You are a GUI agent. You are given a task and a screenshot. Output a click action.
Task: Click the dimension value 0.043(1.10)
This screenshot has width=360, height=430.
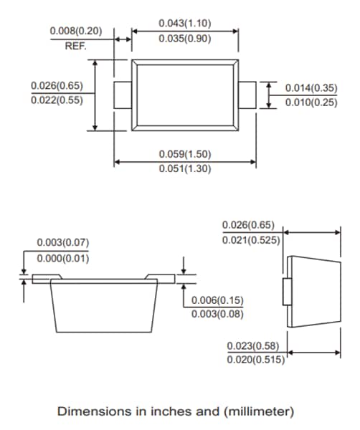click(x=185, y=24)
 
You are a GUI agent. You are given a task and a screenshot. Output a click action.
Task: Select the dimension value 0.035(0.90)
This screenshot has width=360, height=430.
click(x=185, y=39)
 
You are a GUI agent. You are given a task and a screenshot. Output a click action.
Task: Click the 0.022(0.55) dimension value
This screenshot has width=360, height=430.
click(x=57, y=100)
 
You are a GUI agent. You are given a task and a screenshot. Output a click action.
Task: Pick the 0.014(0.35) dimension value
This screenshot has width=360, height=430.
click(x=311, y=88)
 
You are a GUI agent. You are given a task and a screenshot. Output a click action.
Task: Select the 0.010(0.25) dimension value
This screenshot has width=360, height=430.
click(x=311, y=102)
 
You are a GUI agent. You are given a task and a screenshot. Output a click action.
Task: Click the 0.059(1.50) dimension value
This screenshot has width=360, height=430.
click(x=185, y=154)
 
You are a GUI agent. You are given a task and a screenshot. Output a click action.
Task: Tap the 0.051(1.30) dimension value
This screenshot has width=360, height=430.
click(x=185, y=168)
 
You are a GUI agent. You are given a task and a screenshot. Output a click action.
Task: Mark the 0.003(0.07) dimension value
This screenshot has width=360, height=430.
click(x=63, y=243)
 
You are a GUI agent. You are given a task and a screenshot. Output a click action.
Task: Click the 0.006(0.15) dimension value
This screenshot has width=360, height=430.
click(x=217, y=299)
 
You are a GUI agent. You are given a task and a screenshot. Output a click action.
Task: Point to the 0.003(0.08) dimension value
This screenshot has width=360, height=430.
click(x=217, y=313)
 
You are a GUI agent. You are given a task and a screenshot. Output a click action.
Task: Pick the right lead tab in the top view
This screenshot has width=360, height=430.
click(x=247, y=95)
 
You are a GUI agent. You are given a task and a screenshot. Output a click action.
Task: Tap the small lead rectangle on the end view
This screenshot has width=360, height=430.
click(x=287, y=292)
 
